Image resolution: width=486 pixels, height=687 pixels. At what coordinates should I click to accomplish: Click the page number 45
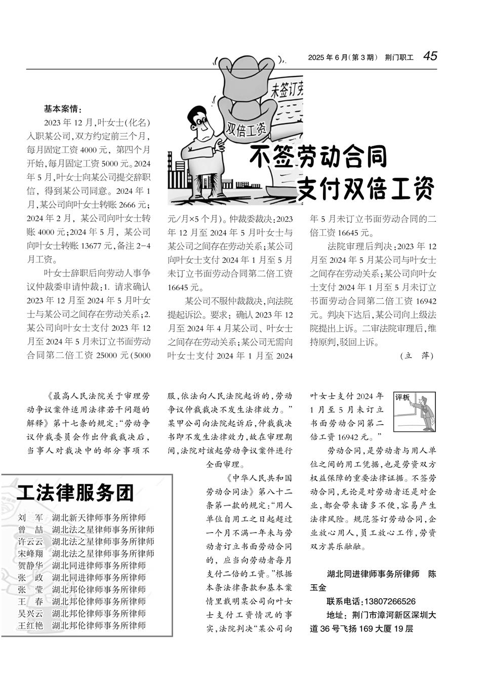pyautogui.click(x=430, y=56)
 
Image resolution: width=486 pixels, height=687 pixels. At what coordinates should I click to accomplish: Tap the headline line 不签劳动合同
pyautogui.click(x=318, y=157)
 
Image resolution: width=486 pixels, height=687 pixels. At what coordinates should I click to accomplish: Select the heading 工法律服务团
pyautogui.click(x=75, y=492)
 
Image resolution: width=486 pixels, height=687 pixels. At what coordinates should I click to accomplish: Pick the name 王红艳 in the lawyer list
pyautogui.click(x=30, y=625)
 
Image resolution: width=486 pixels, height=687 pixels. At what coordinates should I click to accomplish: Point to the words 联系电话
pyautogui.click(x=344, y=602)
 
